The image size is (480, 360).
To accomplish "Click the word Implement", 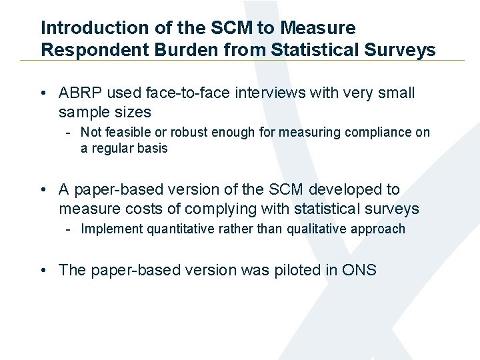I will [x=109, y=229].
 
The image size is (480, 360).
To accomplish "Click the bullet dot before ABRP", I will [x=43, y=93].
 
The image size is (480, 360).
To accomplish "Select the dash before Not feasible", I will [x=69, y=132].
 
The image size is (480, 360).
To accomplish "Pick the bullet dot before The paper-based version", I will [x=43, y=271].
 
